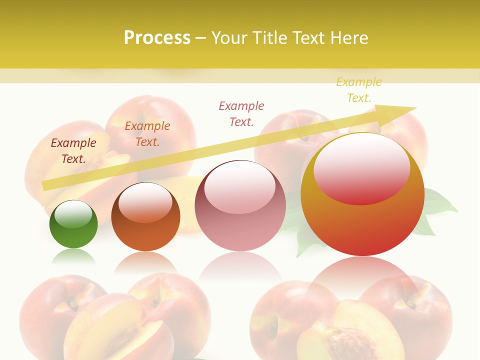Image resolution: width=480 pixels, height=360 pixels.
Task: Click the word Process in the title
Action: tap(157, 38)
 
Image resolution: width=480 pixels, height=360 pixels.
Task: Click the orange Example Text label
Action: tap(147, 134)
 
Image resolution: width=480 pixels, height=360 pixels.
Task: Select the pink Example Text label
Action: tap(241, 114)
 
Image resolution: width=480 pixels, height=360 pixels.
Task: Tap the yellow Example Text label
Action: tap(359, 90)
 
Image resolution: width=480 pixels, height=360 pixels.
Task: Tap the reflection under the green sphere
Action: tap(73, 257)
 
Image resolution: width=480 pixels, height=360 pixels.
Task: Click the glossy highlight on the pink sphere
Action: tap(239, 187)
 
